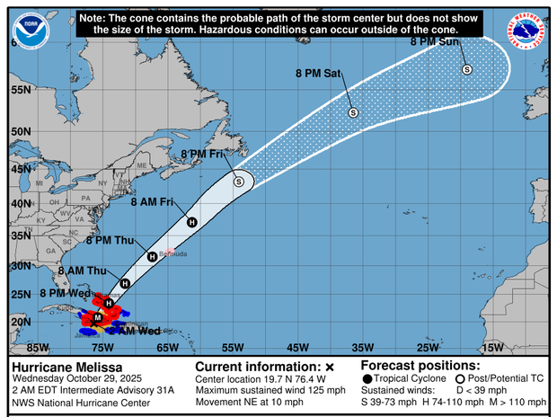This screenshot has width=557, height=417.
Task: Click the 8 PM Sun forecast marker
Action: point(467,69)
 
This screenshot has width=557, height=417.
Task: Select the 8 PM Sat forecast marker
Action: point(353,112)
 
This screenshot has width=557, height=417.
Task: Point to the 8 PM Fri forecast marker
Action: point(239,182)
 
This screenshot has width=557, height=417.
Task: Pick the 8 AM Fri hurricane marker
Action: point(191,222)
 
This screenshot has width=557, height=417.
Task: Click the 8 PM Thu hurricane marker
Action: point(153,257)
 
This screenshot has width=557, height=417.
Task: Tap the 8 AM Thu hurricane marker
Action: point(125,283)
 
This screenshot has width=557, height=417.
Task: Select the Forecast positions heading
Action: point(420,366)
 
